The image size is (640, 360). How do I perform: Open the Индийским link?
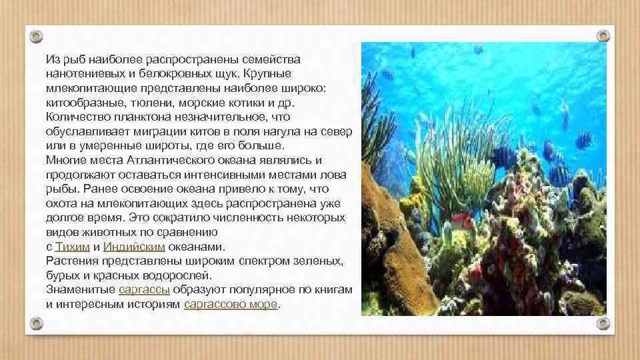click(x=134, y=246)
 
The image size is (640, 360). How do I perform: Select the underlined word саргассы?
click(x=144, y=289)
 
